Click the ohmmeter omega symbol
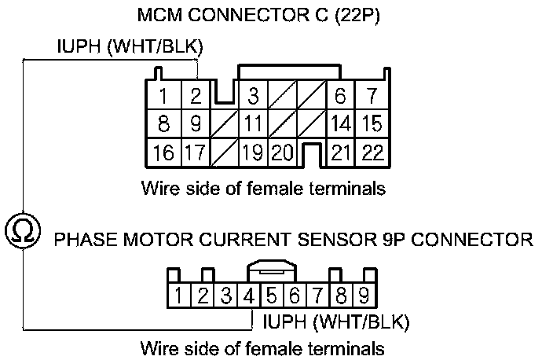tap(23, 230)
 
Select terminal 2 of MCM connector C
tap(196, 98)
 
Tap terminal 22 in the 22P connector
tap(372, 152)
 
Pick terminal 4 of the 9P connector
tap(248, 296)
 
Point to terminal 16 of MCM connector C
tap(163, 152)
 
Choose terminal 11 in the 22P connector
tap(253, 124)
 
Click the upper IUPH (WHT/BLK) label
tap(130, 49)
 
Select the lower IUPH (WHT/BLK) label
tap(335, 322)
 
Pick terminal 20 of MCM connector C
tap(282, 152)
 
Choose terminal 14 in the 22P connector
tap(341, 124)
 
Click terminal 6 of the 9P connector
tap(295, 296)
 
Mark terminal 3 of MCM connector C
tap(253, 98)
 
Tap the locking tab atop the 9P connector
tap(271, 270)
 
